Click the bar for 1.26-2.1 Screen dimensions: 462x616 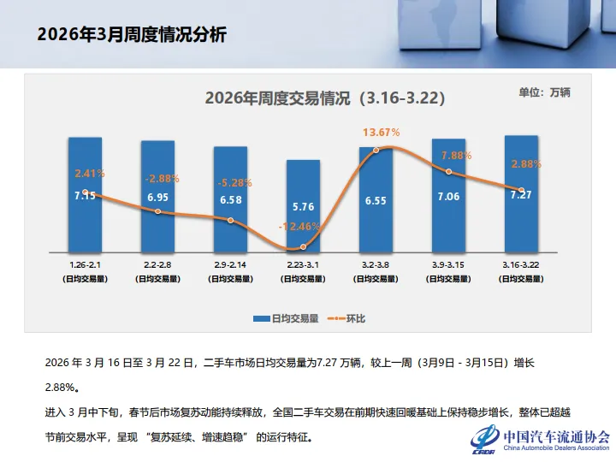click(85, 222)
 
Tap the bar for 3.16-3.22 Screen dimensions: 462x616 click(521, 222)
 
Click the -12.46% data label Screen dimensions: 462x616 click(300, 227)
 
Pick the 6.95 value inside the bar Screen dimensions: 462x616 click(157, 198)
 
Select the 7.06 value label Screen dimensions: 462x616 click(448, 197)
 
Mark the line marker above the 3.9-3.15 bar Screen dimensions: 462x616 click(448, 173)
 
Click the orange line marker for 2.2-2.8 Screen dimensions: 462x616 click(157, 211)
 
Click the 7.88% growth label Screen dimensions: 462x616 click(456, 156)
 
